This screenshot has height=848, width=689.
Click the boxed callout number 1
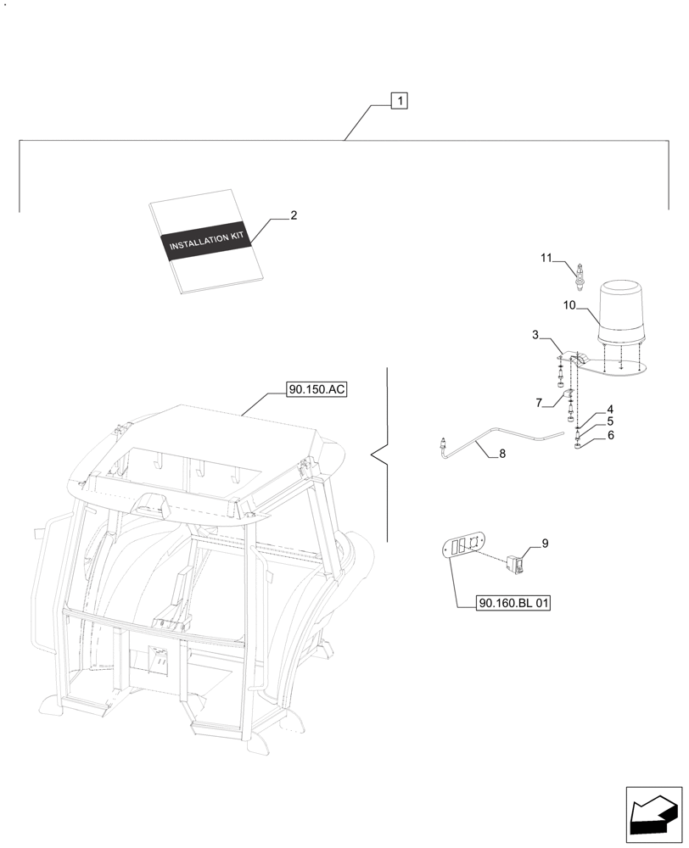[x=400, y=101]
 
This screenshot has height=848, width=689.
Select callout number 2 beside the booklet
[x=294, y=215]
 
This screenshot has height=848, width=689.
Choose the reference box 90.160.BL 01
[x=514, y=603]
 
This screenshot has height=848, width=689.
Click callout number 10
[x=569, y=304]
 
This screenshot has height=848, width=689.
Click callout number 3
[x=535, y=336]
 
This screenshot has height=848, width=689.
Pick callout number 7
[x=539, y=400]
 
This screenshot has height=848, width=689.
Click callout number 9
[x=544, y=544]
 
